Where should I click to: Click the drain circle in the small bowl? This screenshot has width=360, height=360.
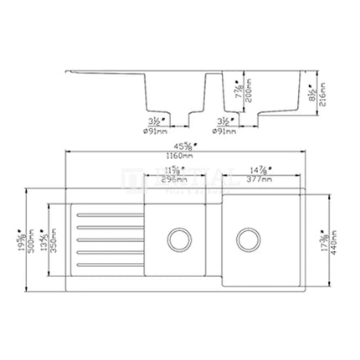177,238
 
